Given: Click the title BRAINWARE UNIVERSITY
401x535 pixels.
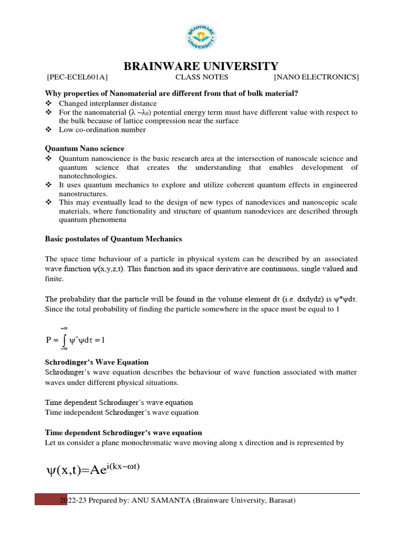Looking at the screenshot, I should [x=200, y=66].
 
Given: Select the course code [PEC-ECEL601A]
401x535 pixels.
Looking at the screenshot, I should [x=77, y=78].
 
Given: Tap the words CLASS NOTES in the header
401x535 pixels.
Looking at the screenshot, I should [x=202, y=78].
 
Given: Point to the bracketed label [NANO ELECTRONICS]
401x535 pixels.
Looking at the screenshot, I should [x=316, y=78].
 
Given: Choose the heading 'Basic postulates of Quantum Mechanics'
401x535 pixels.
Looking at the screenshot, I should [x=113, y=239].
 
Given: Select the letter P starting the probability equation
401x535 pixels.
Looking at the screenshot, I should [x=49, y=340].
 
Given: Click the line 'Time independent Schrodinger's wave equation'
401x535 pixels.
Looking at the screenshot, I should [x=122, y=412].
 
